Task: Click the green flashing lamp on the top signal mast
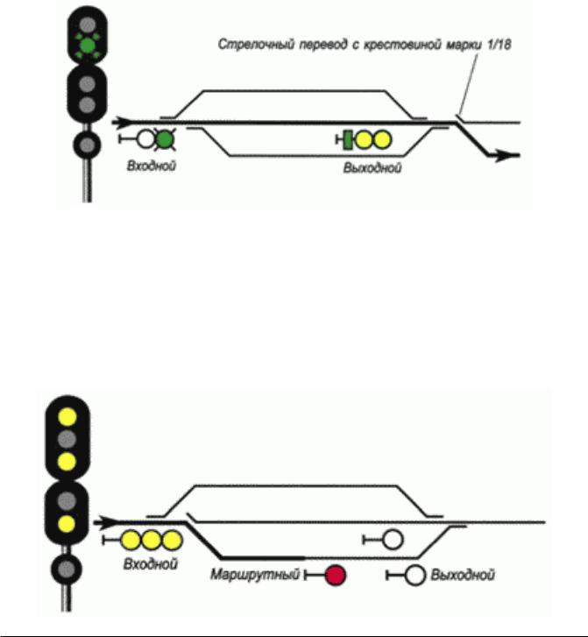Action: (x=87, y=46)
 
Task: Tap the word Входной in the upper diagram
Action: (x=152, y=166)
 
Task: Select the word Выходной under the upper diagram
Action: (x=372, y=167)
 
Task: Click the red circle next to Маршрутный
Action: (x=336, y=575)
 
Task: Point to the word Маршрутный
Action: (x=255, y=575)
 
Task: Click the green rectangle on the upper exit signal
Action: (x=348, y=140)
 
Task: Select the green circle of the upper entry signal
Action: (x=165, y=139)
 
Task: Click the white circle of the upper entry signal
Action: (x=145, y=139)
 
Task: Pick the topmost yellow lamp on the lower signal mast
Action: (x=67, y=417)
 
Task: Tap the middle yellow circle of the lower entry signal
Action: (x=152, y=541)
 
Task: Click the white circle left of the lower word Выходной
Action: (x=414, y=575)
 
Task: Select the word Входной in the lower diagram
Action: (x=151, y=564)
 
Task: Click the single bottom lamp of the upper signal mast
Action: (x=87, y=145)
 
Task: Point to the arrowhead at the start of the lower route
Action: (x=106, y=522)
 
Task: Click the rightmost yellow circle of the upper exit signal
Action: (x=381, y=139)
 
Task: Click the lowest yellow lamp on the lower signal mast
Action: (x=67, y=524)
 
